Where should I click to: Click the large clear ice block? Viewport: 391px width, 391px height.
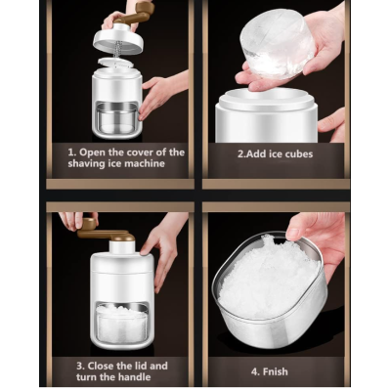[277, 46]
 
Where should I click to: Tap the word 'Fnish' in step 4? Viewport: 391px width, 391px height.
[274, 371]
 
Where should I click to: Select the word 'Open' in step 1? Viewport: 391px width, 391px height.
[92, 152]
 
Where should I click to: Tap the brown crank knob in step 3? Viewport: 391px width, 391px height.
[88, 224]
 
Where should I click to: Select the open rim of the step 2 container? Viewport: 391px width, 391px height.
[267, 99]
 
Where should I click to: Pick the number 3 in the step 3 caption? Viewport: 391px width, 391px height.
[79, 366]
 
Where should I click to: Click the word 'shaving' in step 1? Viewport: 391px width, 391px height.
[86, 163]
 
